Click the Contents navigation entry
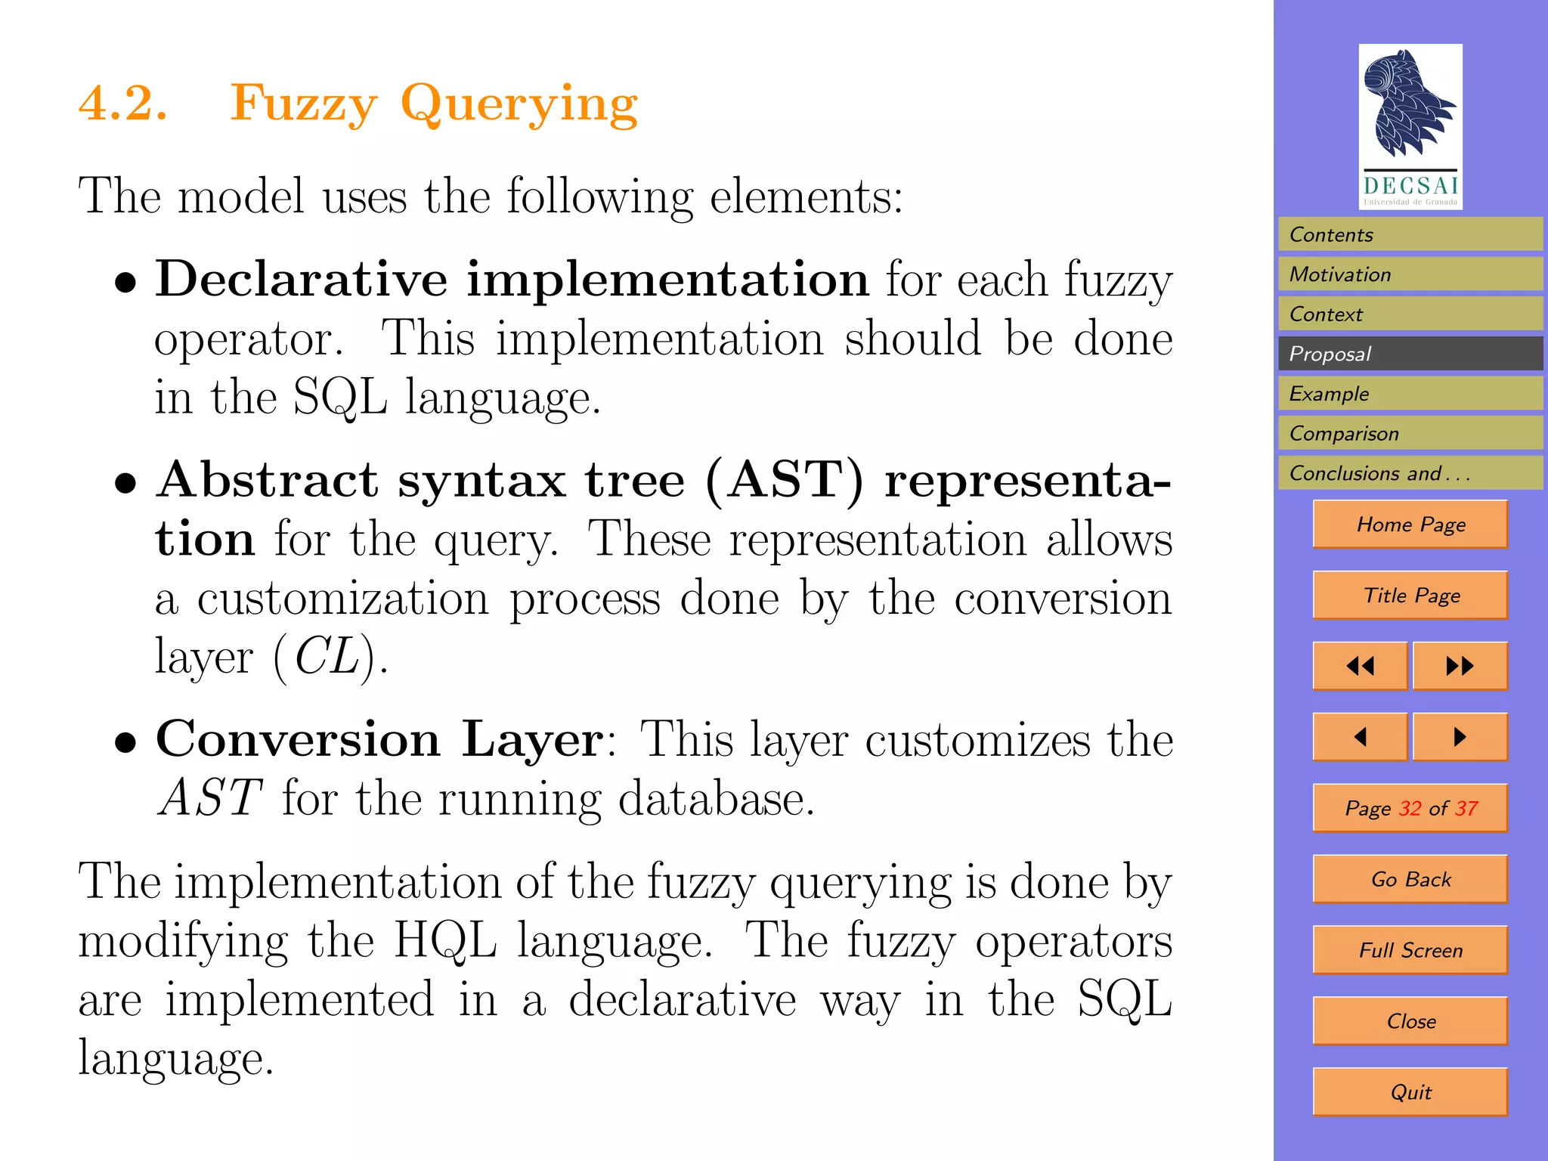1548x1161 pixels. [x=1410, y=234]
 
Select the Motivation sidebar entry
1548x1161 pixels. [x=1410, y=274]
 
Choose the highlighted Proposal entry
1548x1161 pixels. [x=1410, y=354]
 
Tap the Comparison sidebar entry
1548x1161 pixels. [x=1410, y=433]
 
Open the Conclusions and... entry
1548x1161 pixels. [x=1410, y=473]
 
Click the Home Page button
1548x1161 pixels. [x=1410, y=524]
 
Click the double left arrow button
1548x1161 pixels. [x=1361, y=666]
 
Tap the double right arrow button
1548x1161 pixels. [x=1460, y=666]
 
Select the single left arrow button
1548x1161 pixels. [x=1361, y=737]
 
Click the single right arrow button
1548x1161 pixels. [x=1460, y=737]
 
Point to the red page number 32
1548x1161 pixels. [x=1410, y=809]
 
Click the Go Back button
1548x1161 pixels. [x=1410, y=879]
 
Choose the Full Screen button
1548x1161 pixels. [x=1410, y=950]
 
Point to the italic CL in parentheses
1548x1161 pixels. [x=327, y=656]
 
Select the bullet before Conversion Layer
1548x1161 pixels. [x=125, y=742]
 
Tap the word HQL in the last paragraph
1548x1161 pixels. [x=445, y=941]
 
